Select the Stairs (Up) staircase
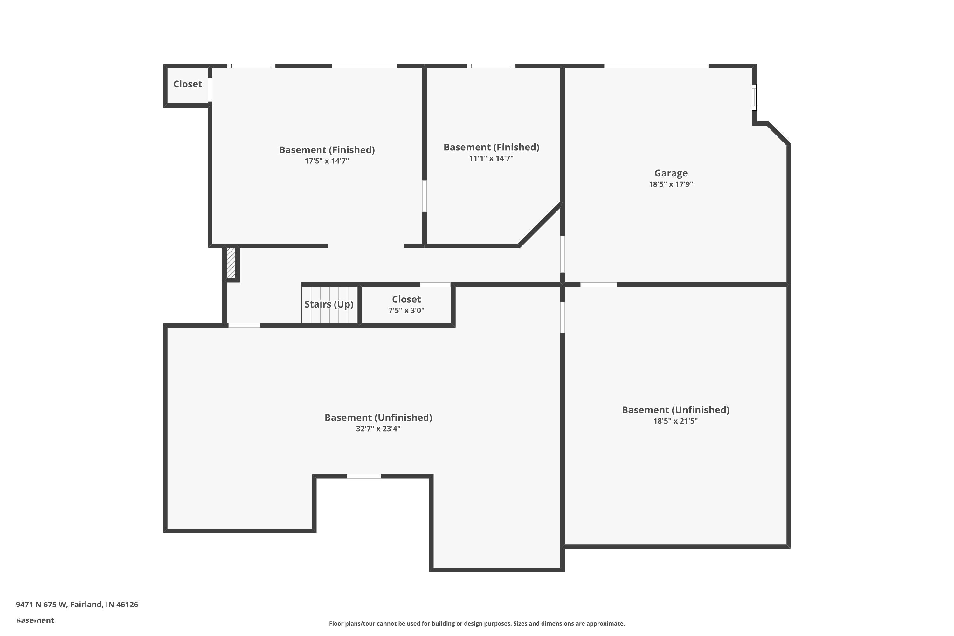(329, 304)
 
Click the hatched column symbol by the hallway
(231, 263)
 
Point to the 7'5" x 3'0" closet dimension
(406, 310)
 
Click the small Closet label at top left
(187, 84)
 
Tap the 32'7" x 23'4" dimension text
(378, 429)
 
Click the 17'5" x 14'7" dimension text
(327, 161)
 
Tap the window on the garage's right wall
(754, 97)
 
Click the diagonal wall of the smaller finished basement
(540, 224)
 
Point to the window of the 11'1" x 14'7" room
(491, 66)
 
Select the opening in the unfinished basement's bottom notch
(363, 476)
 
